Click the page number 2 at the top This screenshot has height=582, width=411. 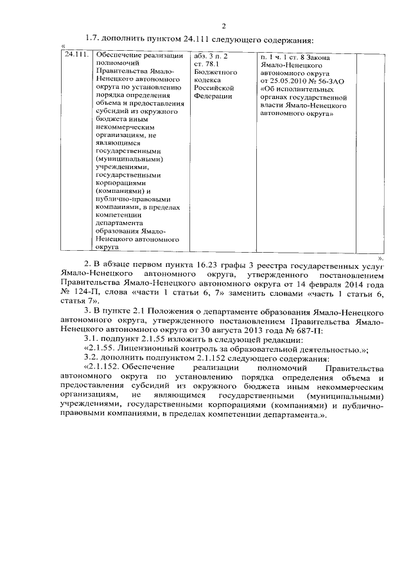224,26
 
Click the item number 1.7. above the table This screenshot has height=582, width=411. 93,41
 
